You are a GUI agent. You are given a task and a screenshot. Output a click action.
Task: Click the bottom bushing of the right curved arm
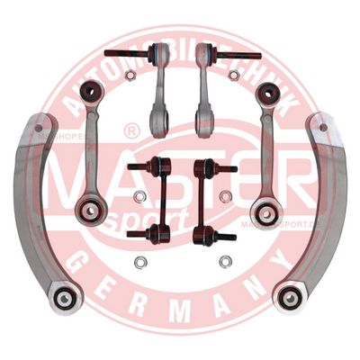[290, 298]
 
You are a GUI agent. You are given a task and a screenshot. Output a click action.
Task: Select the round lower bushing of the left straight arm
[92, 211]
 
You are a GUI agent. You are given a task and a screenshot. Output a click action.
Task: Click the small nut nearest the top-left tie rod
[130, 76]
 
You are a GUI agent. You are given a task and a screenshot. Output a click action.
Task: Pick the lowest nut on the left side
[139, 263]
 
